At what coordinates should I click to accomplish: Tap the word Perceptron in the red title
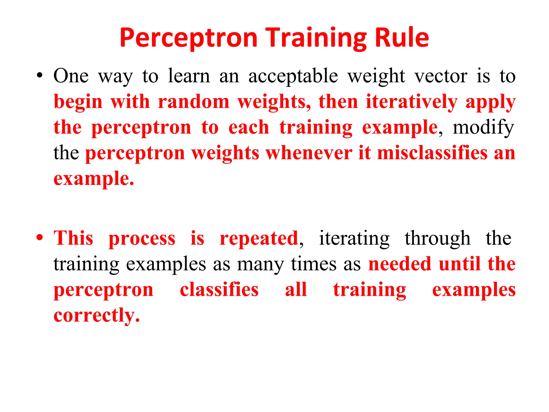[x=189, y=38]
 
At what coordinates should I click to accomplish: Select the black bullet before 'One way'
[x=40, y=75]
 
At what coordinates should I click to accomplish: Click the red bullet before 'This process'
[x=40, y=237]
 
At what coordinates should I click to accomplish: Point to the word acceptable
[x=293, y=76]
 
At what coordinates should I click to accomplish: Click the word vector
[x=441, y=76]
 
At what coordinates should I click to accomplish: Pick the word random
[x=194, y=102]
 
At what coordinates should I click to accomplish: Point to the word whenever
[x=309, y=153]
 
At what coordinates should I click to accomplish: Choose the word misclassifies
[x=432, y=153]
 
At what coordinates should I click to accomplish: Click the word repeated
[x=259, y=238]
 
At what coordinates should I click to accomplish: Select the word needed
[x=400, y=264]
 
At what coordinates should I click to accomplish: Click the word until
[x=459, y=264]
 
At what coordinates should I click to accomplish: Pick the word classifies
[x=219, y=290]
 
